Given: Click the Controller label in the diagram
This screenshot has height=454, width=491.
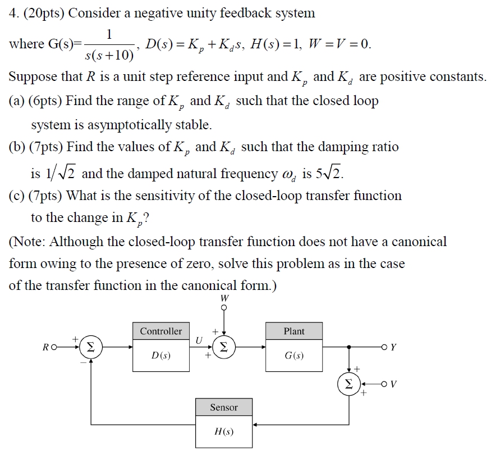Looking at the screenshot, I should pyautogui.click(x=161, y=331).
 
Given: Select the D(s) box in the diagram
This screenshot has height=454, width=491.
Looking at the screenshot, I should pyautogui.click(x=161, y=356).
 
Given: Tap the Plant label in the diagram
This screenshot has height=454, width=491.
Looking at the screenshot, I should pyautogui.click(x=294, y=331).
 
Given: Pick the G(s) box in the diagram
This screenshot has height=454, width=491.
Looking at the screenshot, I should pyautogui.click(x=294, y=356).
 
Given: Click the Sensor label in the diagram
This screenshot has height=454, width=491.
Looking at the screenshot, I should pyautogui.click(x=224, y=407).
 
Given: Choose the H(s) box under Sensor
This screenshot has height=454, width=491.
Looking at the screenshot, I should pyautogui.click(x=224, y=432).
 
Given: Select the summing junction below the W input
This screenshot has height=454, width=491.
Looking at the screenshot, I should pyautogui.click(x=224, y=347).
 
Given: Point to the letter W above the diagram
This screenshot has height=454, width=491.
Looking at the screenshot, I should pyautogui.click(x=224, y=298).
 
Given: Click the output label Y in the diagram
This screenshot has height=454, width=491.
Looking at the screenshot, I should pyautogui.click(x=393, y=347).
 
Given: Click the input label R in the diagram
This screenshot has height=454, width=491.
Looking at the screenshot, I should pyautogui.click(x=45, y=347).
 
